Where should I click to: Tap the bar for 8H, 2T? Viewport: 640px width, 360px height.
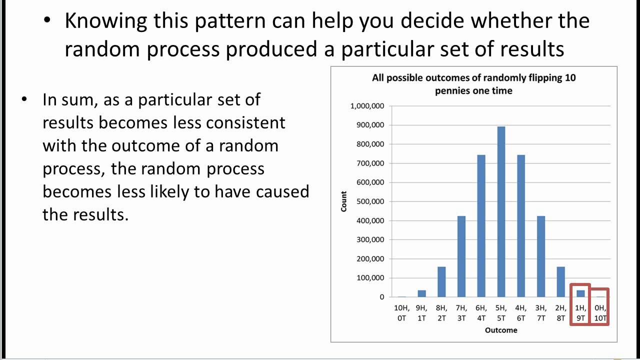441,282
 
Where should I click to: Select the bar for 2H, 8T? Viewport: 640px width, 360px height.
560,282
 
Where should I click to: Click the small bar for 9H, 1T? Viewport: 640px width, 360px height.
422,293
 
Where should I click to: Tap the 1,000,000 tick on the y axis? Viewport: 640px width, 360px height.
367,106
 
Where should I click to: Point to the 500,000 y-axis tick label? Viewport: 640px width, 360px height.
370,201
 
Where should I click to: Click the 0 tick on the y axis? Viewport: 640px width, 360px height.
382,297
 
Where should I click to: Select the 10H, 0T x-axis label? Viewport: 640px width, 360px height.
402,313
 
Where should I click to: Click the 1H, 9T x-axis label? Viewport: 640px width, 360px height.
580,313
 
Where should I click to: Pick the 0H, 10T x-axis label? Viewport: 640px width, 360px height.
600,313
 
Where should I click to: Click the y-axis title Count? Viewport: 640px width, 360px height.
344,201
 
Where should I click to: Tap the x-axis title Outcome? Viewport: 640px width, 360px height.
501,330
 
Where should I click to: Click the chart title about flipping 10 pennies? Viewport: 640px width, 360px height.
473,84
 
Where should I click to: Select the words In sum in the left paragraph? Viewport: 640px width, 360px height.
70,99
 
